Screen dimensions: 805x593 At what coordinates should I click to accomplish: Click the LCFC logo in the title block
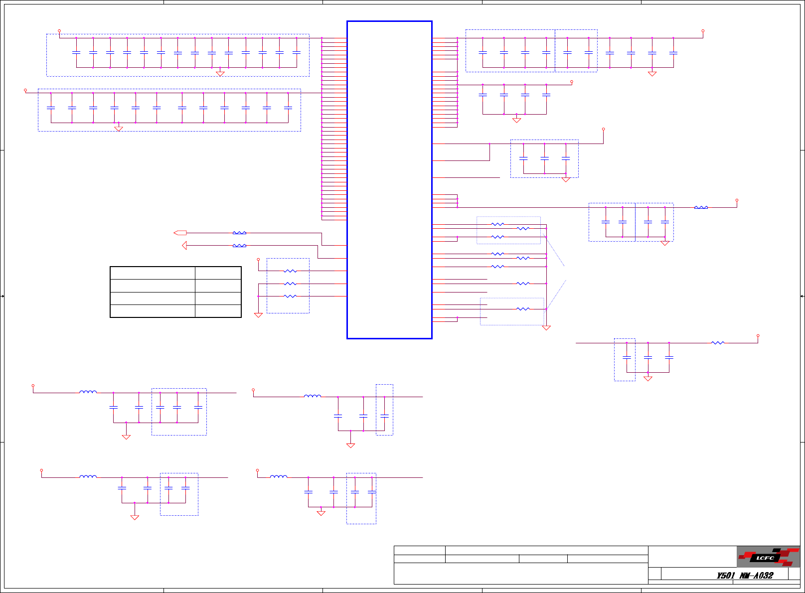point(768,557)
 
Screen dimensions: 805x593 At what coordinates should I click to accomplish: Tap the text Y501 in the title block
point(725,576)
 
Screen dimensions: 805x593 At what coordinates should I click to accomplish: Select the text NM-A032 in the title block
point(756,576)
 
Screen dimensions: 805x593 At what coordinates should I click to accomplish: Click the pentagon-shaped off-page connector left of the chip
point(180,233)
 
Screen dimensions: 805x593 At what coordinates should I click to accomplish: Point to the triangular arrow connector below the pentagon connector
point(184,246)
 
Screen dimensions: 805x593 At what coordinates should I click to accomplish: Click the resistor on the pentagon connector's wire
point(239,233)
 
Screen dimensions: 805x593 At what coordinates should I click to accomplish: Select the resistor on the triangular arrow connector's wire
point(239,246)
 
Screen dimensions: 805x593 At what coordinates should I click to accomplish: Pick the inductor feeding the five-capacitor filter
point(88,392)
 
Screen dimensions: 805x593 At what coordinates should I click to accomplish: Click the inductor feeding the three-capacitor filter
point(313,396)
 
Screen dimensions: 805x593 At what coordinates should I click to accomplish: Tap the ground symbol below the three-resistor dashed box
point(258,315)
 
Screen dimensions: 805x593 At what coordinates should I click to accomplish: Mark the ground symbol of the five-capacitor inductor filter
point(126,437)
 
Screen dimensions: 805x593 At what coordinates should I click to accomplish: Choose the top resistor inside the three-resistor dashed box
point(290,271)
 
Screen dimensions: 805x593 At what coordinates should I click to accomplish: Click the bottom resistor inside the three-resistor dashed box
point(290,296)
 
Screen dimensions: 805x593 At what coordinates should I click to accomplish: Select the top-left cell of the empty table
point(152,273)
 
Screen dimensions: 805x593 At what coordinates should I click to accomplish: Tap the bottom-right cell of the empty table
point(218,311)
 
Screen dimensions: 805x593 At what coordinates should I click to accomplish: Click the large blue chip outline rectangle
point(389,179)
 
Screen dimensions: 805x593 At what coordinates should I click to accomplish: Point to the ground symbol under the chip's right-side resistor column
point(546,328)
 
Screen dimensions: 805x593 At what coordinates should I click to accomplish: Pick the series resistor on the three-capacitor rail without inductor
point(717,343)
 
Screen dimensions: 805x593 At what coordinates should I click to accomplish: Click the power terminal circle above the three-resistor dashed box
point(258,260)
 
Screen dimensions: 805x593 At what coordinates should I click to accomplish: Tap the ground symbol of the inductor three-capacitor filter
point(350,445)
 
